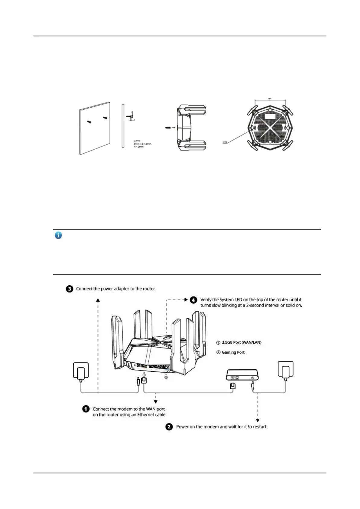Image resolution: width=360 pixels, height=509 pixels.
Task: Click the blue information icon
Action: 58,235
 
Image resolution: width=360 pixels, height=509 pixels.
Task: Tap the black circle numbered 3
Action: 70,289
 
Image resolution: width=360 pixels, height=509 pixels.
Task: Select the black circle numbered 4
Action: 193,300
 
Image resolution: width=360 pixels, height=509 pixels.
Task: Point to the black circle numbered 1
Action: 86,409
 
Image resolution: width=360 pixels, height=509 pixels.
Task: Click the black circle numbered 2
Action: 169,427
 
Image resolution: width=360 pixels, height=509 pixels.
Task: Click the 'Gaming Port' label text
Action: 233,352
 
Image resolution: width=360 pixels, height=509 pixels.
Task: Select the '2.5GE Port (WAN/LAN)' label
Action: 242,342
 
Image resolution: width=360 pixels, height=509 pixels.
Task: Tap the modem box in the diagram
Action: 242,375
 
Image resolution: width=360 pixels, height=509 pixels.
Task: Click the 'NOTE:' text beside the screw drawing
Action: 137,141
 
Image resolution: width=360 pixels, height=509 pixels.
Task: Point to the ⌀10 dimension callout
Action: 225,142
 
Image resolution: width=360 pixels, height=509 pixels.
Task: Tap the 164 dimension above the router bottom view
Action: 269,99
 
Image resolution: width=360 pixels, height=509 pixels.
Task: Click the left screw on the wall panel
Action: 89,122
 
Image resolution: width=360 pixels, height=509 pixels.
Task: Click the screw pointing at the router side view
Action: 168,128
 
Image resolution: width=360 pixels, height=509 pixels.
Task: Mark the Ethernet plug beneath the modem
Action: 233,386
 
